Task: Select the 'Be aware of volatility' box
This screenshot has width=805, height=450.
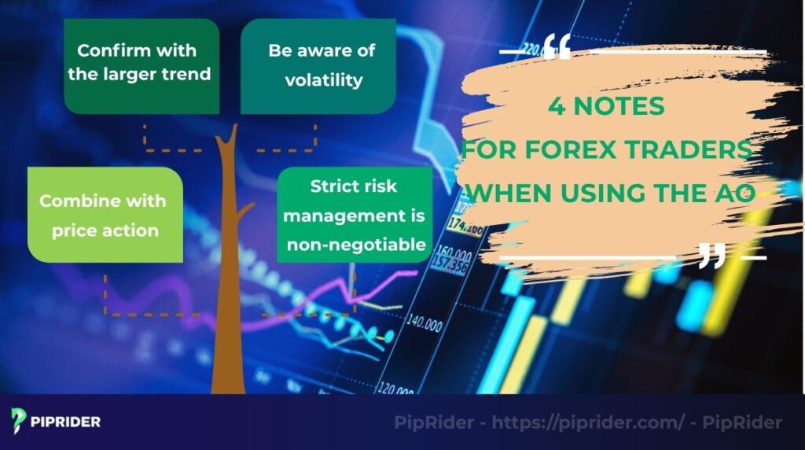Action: pos(318,66)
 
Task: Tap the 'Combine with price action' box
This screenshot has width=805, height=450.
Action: pos(105,214)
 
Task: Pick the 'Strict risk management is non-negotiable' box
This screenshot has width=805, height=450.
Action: pos(355,216)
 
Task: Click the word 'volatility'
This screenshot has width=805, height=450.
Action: pos(323,79)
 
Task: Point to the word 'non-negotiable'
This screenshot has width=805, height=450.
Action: pos(356,245)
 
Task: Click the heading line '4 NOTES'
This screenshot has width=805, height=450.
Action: pos(606,106)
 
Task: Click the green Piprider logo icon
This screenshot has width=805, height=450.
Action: pos(19,421)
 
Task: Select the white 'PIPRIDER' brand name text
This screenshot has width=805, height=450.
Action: pos(66,422)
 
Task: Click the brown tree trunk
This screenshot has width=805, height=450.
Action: pos(227,299)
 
